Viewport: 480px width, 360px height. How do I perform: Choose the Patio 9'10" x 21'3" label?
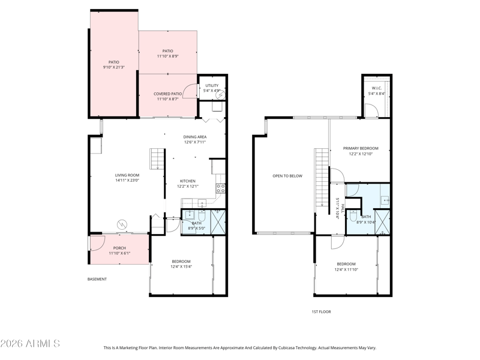tap(114, 65)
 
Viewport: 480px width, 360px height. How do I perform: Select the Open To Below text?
tap(287, 176)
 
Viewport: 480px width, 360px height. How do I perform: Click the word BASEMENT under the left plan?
tap(97, 279)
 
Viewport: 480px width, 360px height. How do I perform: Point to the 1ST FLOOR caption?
tap(321, 311)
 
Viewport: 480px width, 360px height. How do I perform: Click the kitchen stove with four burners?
tap(221, 188)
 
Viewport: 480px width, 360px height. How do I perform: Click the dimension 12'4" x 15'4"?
tap(181, 266)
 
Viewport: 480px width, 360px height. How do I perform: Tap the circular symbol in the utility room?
tap(220, 95)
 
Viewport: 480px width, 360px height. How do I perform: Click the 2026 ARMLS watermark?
tap(30, 343)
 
